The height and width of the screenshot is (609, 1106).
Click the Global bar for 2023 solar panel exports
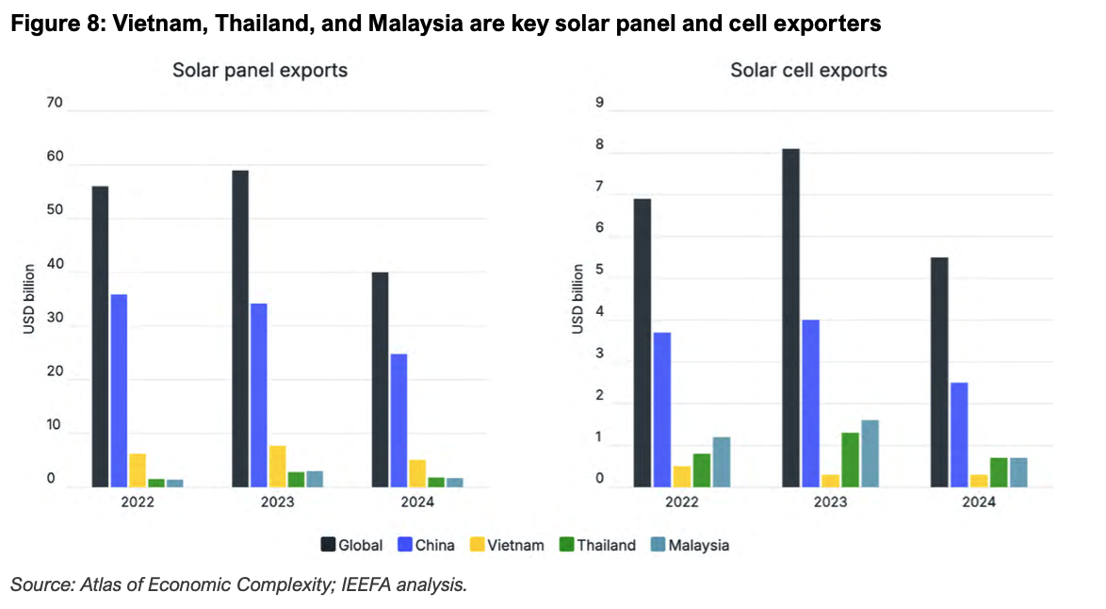click(x=240, y=329)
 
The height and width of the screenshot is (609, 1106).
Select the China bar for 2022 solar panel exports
click(x=119, y=391)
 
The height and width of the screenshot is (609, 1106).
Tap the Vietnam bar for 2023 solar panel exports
click(x=277, y=467)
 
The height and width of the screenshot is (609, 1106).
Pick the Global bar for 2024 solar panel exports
click(x=381, y=380)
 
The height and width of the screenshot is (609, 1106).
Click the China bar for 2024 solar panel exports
click(x=398, y=420)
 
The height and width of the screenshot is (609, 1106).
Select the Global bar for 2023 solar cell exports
click(x=790, y=319)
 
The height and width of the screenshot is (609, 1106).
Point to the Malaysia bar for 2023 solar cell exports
click(x=870, y=453)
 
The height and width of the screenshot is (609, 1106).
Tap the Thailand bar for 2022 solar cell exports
click(x=702, y=470)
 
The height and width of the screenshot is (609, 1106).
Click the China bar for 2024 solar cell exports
click(x=959, y=435)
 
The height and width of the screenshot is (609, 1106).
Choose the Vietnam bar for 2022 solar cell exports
click(x=682, y=477)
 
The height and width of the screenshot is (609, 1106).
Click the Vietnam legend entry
click(x=507, y=545)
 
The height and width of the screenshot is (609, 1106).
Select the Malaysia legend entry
click(x=690, y=545)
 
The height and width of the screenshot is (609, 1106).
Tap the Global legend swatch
click(x=328, y=545)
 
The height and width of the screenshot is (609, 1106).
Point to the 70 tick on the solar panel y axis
click(x=55, y=103)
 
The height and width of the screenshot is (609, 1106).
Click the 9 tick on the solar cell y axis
click(x=599, y=103)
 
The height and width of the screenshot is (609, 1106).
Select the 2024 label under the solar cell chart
click(x=979, y=502)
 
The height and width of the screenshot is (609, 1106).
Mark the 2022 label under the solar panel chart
click(x=138, y=502)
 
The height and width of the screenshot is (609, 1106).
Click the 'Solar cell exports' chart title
click(x=808, y=70)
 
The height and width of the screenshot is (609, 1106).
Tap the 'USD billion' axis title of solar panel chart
click(x=29, y=299)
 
